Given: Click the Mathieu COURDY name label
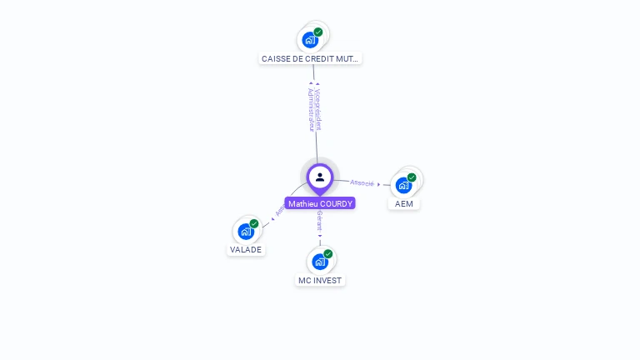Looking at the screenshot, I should point(320,203).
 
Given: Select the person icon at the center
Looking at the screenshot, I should point(320,177).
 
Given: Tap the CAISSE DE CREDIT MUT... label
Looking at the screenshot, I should point(311,59).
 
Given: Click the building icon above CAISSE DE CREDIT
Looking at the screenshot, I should point(310,40).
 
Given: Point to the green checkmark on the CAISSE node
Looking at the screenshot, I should point(318,32).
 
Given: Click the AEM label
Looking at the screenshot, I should point(404,203).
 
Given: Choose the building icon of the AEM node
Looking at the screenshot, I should point(403,185).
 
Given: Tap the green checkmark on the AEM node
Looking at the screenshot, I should point(412,177).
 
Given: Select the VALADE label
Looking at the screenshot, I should point(246,249).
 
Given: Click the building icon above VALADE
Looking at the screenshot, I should point(246,231).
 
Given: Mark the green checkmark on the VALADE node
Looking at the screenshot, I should point(254,223).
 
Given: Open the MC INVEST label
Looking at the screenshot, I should point(320,280).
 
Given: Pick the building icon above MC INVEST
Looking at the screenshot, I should point(319,262).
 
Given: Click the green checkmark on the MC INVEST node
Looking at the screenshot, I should point(328,254).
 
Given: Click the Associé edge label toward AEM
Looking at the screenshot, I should point(362,182).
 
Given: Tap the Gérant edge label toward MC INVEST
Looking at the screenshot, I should point(319,221).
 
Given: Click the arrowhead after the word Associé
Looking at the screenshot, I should point(379,184).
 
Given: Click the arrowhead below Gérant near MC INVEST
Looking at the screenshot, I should point(319,236).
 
